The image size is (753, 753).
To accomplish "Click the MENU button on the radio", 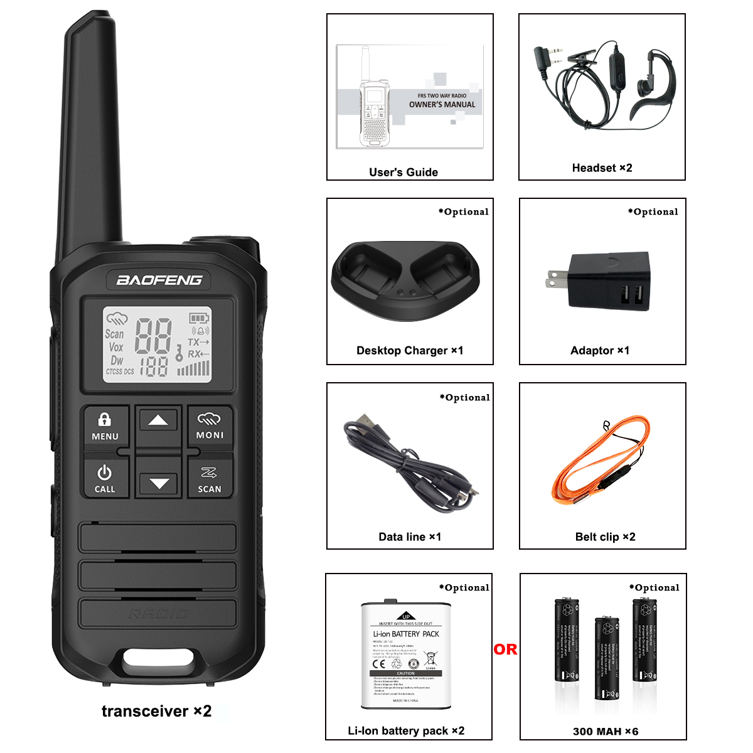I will point(105,427).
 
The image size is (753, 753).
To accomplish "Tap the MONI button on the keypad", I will point(210,427).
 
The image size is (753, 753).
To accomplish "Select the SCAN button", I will point(210,480).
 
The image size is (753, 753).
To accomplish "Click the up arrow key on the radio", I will point(158,421).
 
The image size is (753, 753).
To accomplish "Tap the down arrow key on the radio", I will point(159,483).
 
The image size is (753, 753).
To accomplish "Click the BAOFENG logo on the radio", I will point(159,280).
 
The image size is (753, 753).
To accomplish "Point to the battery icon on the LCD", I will point(199,318).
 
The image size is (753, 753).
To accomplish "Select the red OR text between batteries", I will point(505,649).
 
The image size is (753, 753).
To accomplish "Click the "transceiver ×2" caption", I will point(156,711).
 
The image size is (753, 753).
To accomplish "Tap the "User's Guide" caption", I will point(403,172).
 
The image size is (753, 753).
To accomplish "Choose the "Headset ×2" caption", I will point(602,168).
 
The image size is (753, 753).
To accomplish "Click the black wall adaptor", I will point(607,280).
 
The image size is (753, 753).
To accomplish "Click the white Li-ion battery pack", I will point(406,654).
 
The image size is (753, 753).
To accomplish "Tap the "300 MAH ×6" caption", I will point(606,731).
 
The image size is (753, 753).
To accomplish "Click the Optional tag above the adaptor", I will point(653,211).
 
